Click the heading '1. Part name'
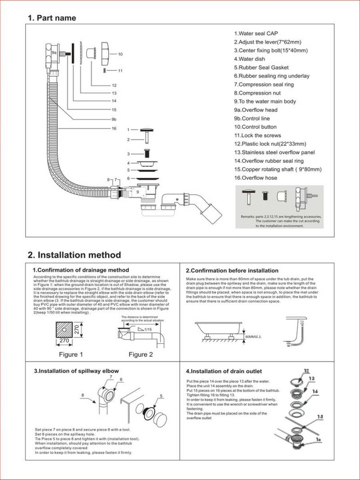tap(52, 18)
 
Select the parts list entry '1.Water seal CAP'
tap(256, 34)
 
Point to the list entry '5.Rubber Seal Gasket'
tap(261, 68)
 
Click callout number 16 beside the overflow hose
tap(114, 128)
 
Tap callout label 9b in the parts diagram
tap(114, 119)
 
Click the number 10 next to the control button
tap(120, 54)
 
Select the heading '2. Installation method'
tap(74, 255)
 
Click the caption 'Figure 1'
tap(71, 354)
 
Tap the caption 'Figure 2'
tap(140, 354)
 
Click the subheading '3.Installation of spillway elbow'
tap(76, 371)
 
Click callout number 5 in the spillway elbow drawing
tap(161, 396)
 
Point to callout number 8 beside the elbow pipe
tap(83, 395)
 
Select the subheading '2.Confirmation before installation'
tap(232, 270)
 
